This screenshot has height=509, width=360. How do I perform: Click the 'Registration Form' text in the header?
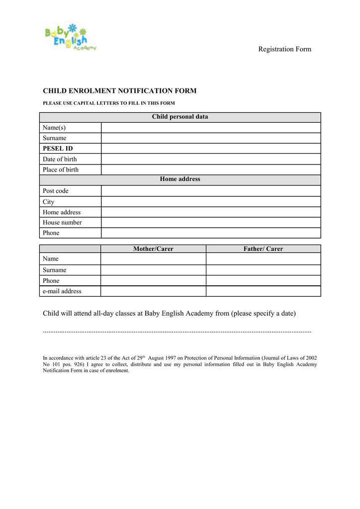pyautogui.click(x=284, y=49)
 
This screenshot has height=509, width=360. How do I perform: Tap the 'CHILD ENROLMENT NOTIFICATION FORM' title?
pyautogui.click(x=119, y=91)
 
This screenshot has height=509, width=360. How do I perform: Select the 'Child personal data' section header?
pyautogui.click(x=180, y=117)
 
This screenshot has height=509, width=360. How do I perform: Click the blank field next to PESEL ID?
pyautogui.click(x=211, y=149)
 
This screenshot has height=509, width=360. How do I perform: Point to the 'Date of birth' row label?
pyautogui.click(x=60, y=159)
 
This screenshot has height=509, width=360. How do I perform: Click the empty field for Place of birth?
pyautogui.click(x=211, y=170)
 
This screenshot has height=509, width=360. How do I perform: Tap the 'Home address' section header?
pyautogui.click(x=180, y=179)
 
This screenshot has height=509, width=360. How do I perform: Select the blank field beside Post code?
pyautogui.click(x=211, y=191)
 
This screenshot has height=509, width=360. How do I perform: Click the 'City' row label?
pyautogui.click(x=49, y=202)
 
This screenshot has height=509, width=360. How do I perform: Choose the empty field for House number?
pyautogui.click(x=211, y=223)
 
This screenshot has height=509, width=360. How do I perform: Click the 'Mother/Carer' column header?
pyautogui.click(x=153, y=249)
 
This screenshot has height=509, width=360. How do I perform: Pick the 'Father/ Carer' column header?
pyautogui.click(x=263, y=249)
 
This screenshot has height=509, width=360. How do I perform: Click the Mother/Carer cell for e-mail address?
pyautogui.click(x=153, y=291)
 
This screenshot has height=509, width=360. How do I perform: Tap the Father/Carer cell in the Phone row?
pyautogui.click(x=263, y=281)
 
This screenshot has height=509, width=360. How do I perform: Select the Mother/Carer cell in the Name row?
pyautogui.click(x=153, y=259)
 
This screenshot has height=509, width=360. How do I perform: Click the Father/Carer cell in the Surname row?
pyautogui.click(x=263, y=270)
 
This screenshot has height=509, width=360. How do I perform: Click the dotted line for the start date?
pyautogui.click(x=177, y=331)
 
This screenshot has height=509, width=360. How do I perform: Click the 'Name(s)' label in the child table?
pyautogui.click(x=54, y=128)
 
